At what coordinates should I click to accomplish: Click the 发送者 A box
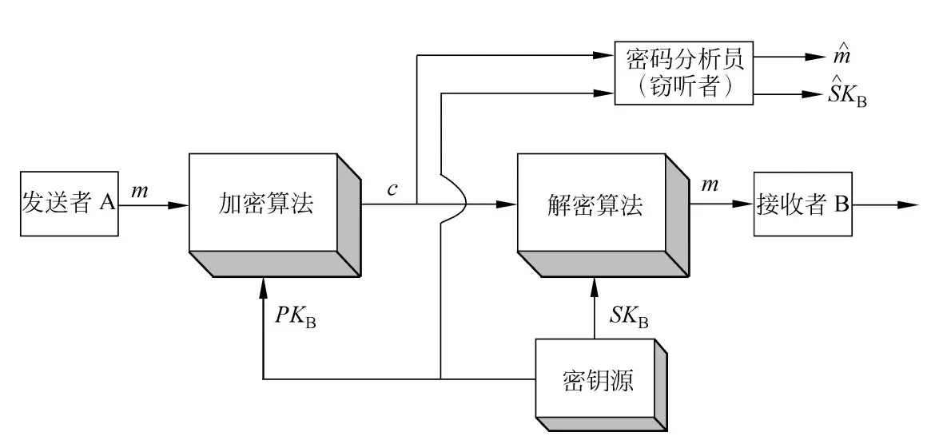pyautogui.click(x=69, y=204)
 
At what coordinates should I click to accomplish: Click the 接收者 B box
pyautogui.click(x=802, y=204)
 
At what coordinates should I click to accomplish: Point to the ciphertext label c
pyautogui.click(x=392, y=189)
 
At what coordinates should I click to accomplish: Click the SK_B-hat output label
pyautogui.click(x=847, y=94)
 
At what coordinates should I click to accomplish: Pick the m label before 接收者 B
pyautogui.click(x=709, y=187)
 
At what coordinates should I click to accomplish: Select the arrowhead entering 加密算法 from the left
pyautogui.click(x=179, y=204)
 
